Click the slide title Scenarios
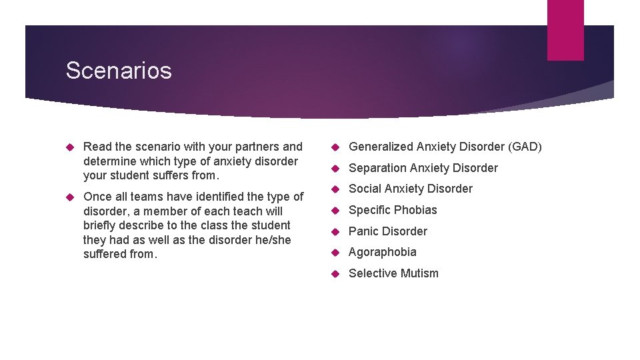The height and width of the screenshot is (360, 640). pyautogui.click(x=119, y=71)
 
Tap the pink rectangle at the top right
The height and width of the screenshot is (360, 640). pyautogui.click(x=565, y=30)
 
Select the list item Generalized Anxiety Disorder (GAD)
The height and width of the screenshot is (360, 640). pyautogui.click(x=445, y=147)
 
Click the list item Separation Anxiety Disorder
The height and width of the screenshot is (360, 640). pyautogui.click(x=423, y=168)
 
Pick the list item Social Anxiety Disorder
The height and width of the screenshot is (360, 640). pyautogui.click(x=411, y=189)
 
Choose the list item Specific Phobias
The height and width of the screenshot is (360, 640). pyautogui.click(x=393, y=210)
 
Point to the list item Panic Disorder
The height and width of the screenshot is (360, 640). pyautogui.click(x=388, y=231)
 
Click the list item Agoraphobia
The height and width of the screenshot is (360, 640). pyautogui.click(x=383, y=252)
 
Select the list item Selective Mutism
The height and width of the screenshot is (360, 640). pyautogui.click(x=393, y=273)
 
